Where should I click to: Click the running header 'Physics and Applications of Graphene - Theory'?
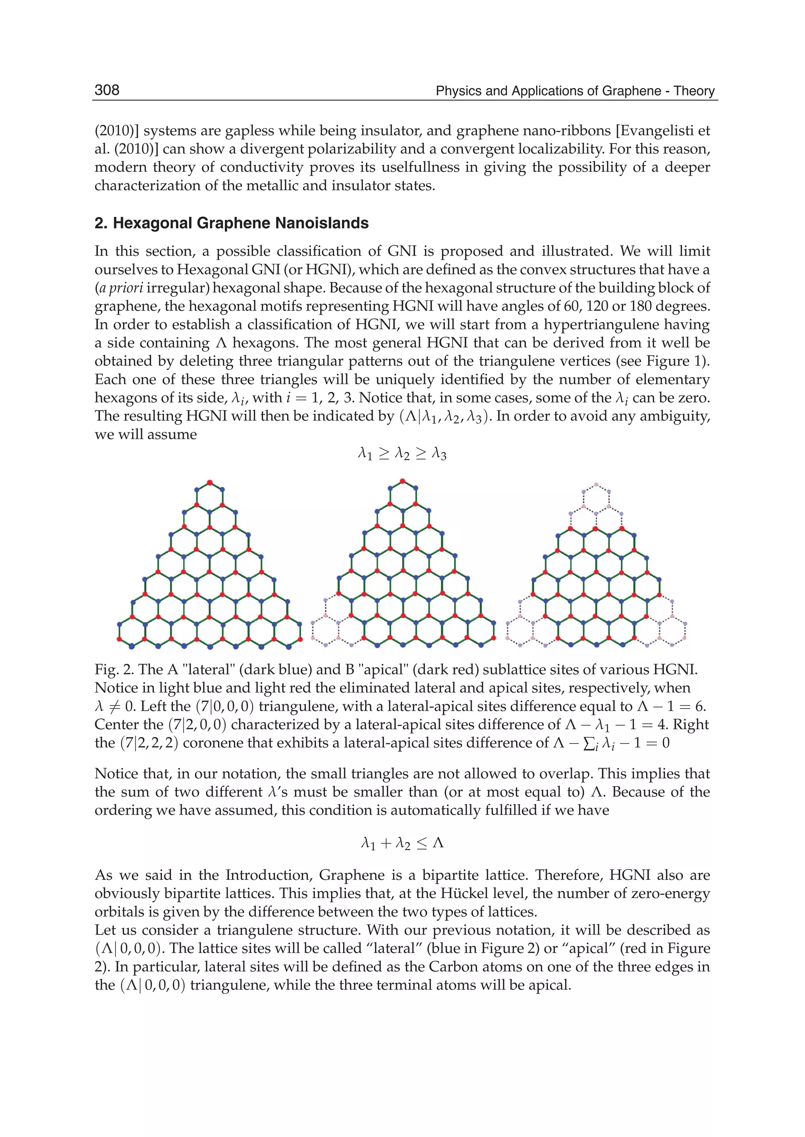click(x=575, y=91)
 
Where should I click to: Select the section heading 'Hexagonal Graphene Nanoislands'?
click(x=241, y=223)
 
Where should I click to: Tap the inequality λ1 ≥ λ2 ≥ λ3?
click(x=402, y=454)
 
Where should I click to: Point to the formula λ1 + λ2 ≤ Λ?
click(x=402, y=843)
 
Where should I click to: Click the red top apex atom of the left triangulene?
click(x=210, y=482)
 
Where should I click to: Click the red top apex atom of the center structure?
click(x=402, y=480)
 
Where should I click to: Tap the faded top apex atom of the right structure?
click(x=596, y=484)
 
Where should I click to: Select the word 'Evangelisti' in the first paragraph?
click(x=656, y=131)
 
